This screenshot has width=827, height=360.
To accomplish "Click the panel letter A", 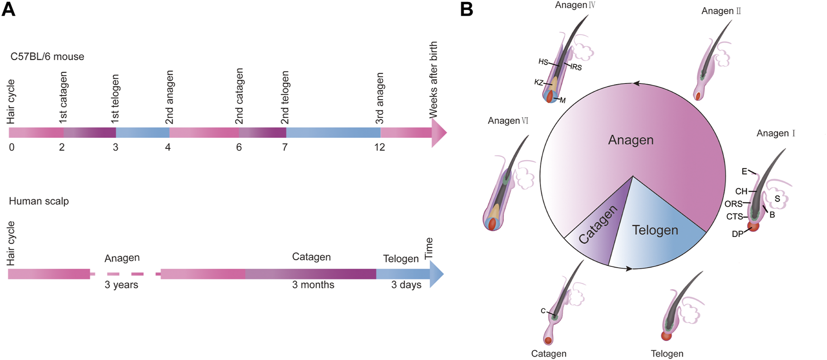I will tap(9, 9).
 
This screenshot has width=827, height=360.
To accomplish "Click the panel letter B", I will tap(466, 9).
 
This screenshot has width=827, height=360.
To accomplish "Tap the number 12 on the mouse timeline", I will tap(379, 147).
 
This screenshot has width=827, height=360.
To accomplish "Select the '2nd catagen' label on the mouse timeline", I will tap(239, 96).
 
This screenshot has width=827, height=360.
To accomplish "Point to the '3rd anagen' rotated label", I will tap(379, 98).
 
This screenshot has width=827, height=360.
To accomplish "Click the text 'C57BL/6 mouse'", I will tap(47, 57).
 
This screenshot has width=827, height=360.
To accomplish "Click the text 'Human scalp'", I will tap(39, 201).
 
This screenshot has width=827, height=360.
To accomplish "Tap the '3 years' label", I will tap(122, 285).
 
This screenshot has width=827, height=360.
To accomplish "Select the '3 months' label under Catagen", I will tap(313, 285).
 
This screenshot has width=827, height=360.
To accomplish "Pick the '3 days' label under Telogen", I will tap(406, 285).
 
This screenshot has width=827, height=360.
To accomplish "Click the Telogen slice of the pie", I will tap(655, 230).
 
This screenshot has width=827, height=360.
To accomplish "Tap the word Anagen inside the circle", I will tap(631, 140).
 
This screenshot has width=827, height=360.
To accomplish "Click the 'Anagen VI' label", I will tap(508, 121).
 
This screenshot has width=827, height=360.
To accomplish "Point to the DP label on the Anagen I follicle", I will tap(737, 234).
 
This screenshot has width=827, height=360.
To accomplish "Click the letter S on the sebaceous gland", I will tap(777, 199).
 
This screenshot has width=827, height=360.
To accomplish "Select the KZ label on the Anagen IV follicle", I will tap(538, 82).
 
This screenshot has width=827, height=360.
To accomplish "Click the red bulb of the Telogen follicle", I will tap(667, 336).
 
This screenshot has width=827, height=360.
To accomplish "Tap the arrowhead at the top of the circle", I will tap(636, 84).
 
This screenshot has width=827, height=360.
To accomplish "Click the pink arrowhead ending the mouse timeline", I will tap(439, 133).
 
